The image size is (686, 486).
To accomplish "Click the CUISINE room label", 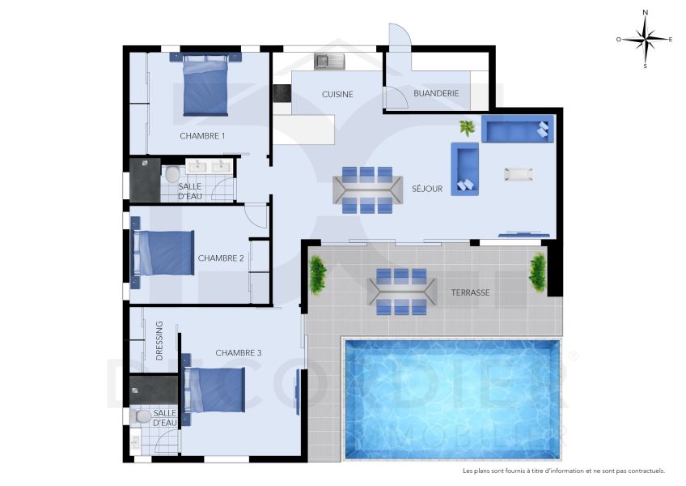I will coord(337,94).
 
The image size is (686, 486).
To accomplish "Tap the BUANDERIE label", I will coord(436,93).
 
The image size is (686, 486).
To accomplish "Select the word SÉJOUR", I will coord(426,189).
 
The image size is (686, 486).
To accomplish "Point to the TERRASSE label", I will coord(471,292).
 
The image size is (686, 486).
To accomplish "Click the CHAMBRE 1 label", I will coord(202,135).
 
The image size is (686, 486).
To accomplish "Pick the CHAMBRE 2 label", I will coord(221,258).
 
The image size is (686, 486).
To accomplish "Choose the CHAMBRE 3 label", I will coord(239,352).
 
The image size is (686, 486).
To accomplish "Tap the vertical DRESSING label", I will coord(159,341).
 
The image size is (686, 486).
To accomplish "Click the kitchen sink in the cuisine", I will coord(330,60).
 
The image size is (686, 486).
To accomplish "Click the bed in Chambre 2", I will coord(164,254).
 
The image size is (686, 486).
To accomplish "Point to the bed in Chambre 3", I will coord(216,390).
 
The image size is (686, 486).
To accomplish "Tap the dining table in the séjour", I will coord(367,190).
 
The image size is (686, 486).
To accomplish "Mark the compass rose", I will coord(645,38).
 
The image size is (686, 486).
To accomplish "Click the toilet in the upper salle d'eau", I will coord(171,174).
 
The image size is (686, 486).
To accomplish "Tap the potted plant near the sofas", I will coord(467,127).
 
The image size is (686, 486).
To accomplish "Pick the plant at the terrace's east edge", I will coord(538,273).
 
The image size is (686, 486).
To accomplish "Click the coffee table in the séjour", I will coord(519,174).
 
